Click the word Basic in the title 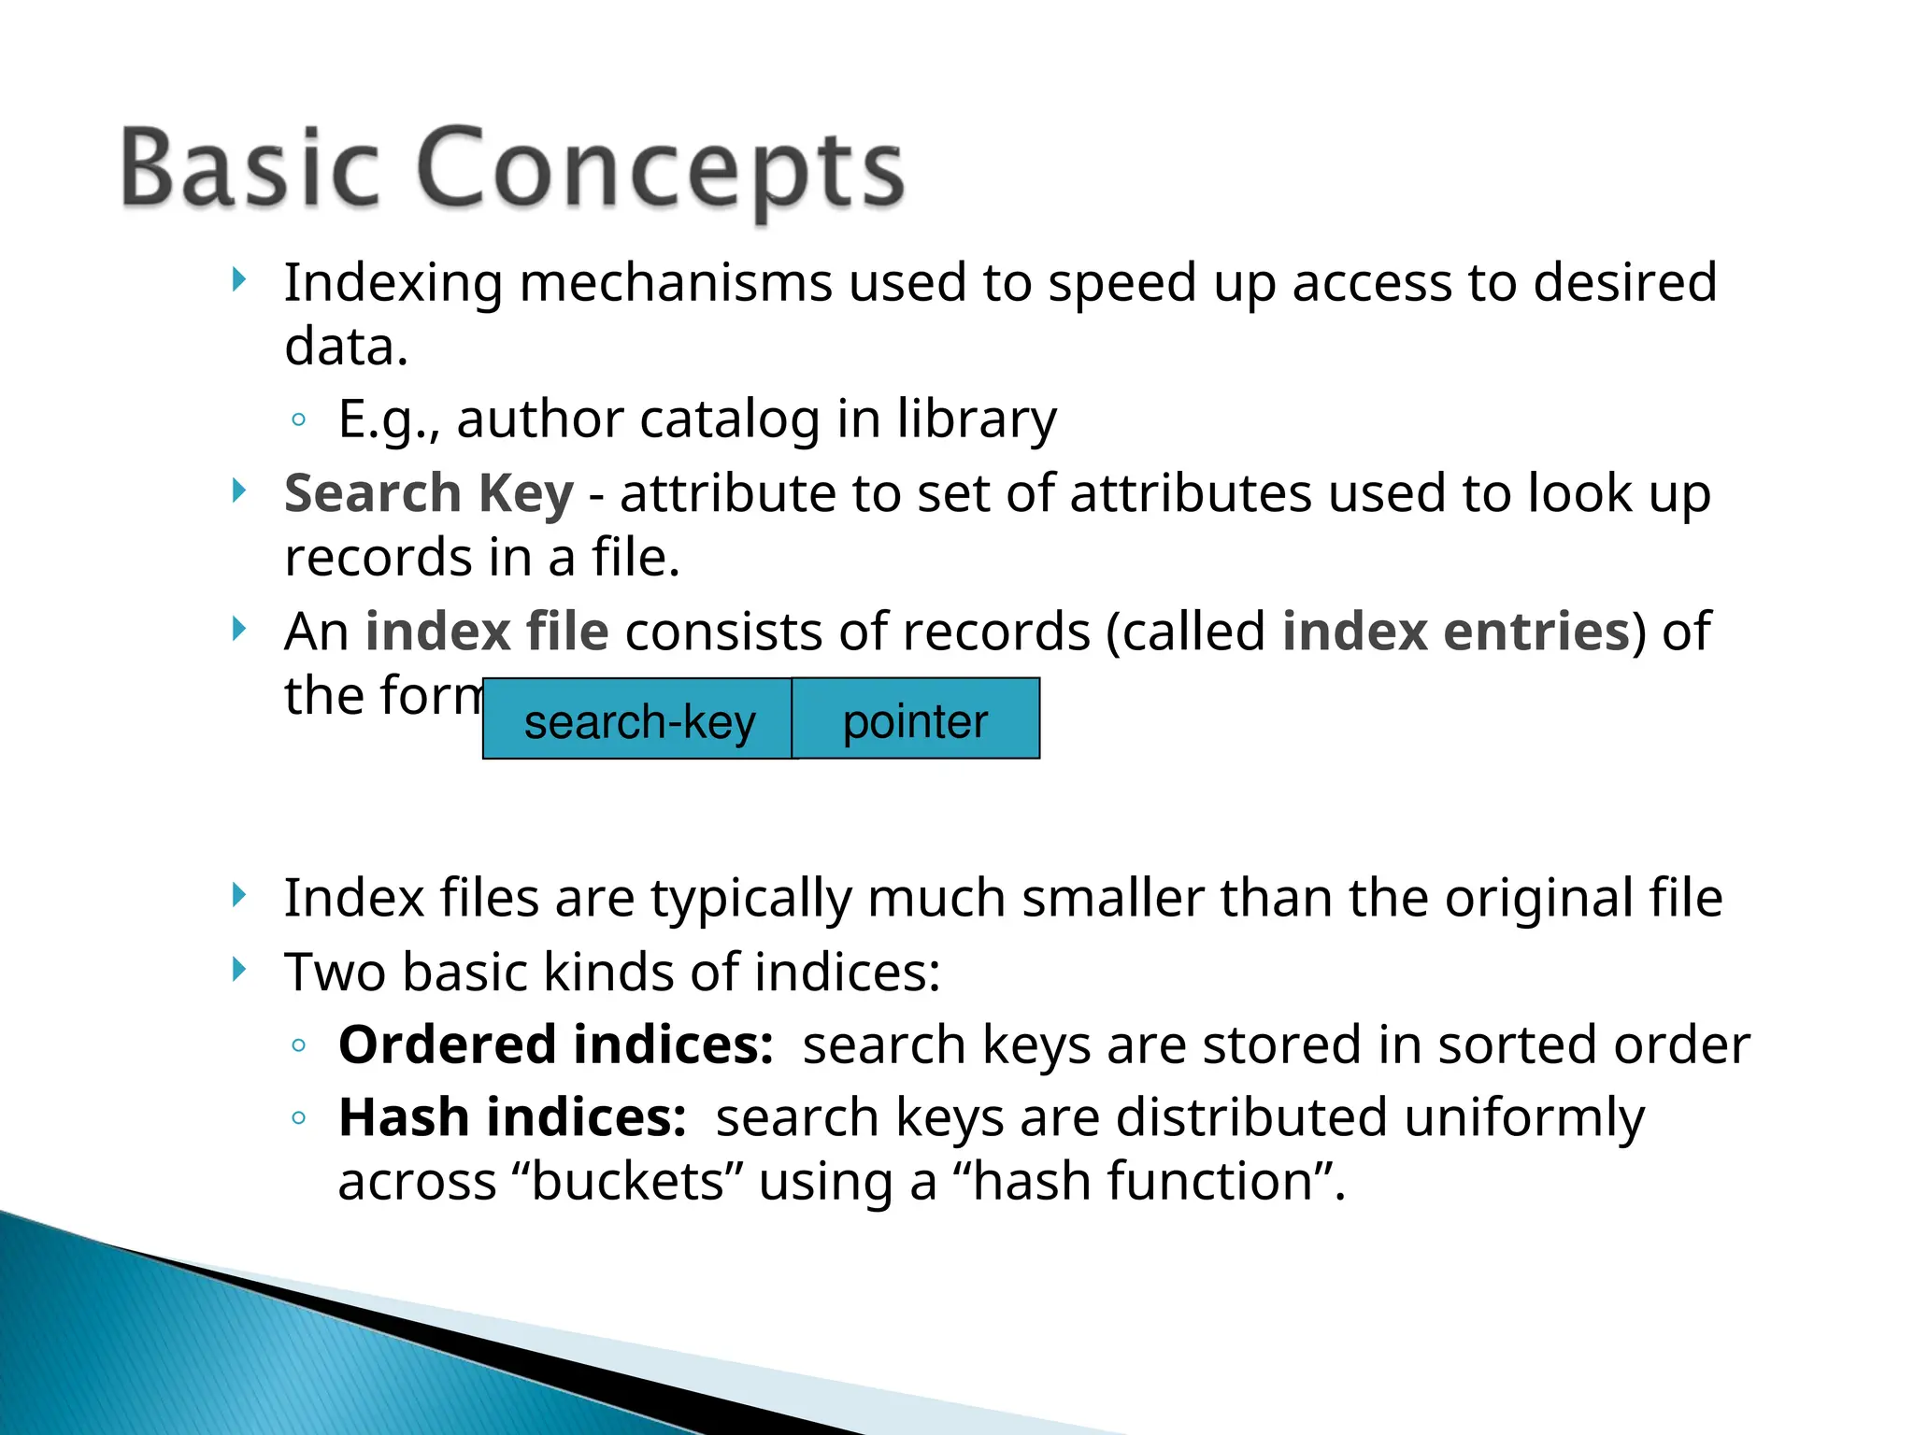[250, 168]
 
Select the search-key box [638, 720]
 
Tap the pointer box [915, 720]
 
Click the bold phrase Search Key [428, 493]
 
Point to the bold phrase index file [487, 632]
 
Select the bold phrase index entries [1456, 632]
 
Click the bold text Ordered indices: [556, 1044]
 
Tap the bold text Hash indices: [512, 1117]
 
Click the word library [977, 419]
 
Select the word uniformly [1523, 1117]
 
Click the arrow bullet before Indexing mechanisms [239, 279]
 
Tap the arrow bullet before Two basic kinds [239, 970]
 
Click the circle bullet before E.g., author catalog [298, 420]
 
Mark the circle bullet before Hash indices [298, 1118]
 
